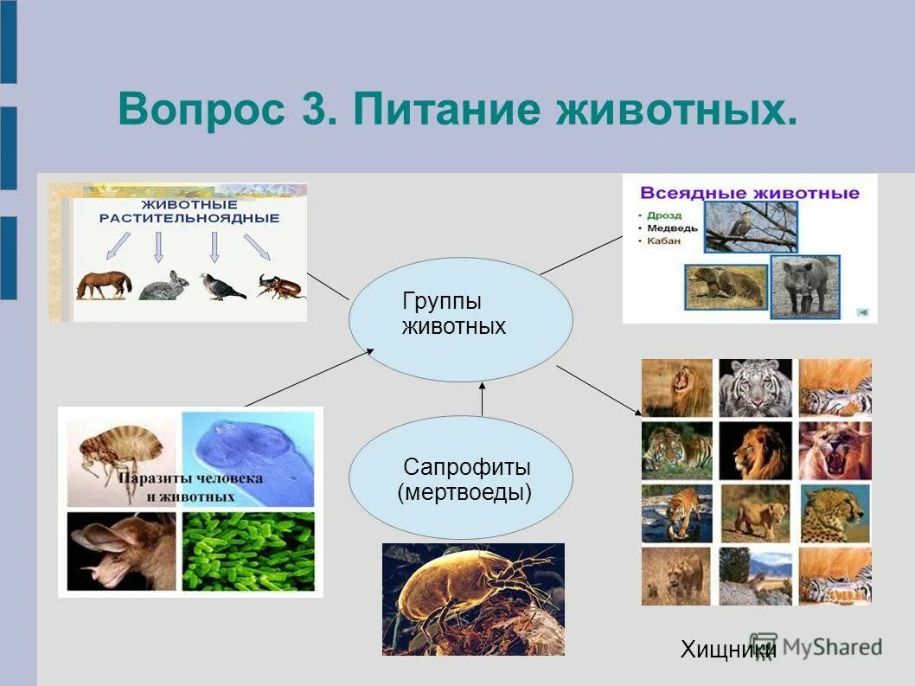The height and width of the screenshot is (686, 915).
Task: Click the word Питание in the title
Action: [x=447, y=109]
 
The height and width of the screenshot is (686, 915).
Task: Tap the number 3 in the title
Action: [x=319, y=109]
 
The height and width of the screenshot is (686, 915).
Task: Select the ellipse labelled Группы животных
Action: [x=461, y=319]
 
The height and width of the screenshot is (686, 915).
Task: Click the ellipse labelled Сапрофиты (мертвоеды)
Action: [x=461, y=477]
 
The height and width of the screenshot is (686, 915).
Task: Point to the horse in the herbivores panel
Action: [x=104, y=285]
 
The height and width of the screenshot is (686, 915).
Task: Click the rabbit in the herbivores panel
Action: [x=164, y=285]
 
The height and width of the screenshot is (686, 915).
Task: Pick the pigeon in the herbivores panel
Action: [x=221, y=286]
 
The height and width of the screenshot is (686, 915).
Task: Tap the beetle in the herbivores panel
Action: [x=281, y=286]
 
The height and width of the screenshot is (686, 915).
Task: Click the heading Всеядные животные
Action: [x=750, y=193]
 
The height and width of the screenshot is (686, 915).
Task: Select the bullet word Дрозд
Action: [x=664, y=215]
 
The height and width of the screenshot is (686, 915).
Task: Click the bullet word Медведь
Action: [x=672, y=228]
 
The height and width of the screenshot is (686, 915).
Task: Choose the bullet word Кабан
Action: [x=663, y=240]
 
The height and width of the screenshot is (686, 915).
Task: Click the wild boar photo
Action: [x=805, y=286]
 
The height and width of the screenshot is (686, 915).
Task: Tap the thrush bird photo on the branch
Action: [x=751, y=228]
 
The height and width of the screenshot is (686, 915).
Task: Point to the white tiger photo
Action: [x=756, y=388]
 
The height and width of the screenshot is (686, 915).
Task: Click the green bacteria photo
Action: [x=248, y=552]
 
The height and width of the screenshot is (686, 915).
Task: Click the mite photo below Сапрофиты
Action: [x=473, y=599]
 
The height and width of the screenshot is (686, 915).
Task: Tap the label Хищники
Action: [x=728, y=649]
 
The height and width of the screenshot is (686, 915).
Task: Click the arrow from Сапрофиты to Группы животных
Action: [x=482, y=399]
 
